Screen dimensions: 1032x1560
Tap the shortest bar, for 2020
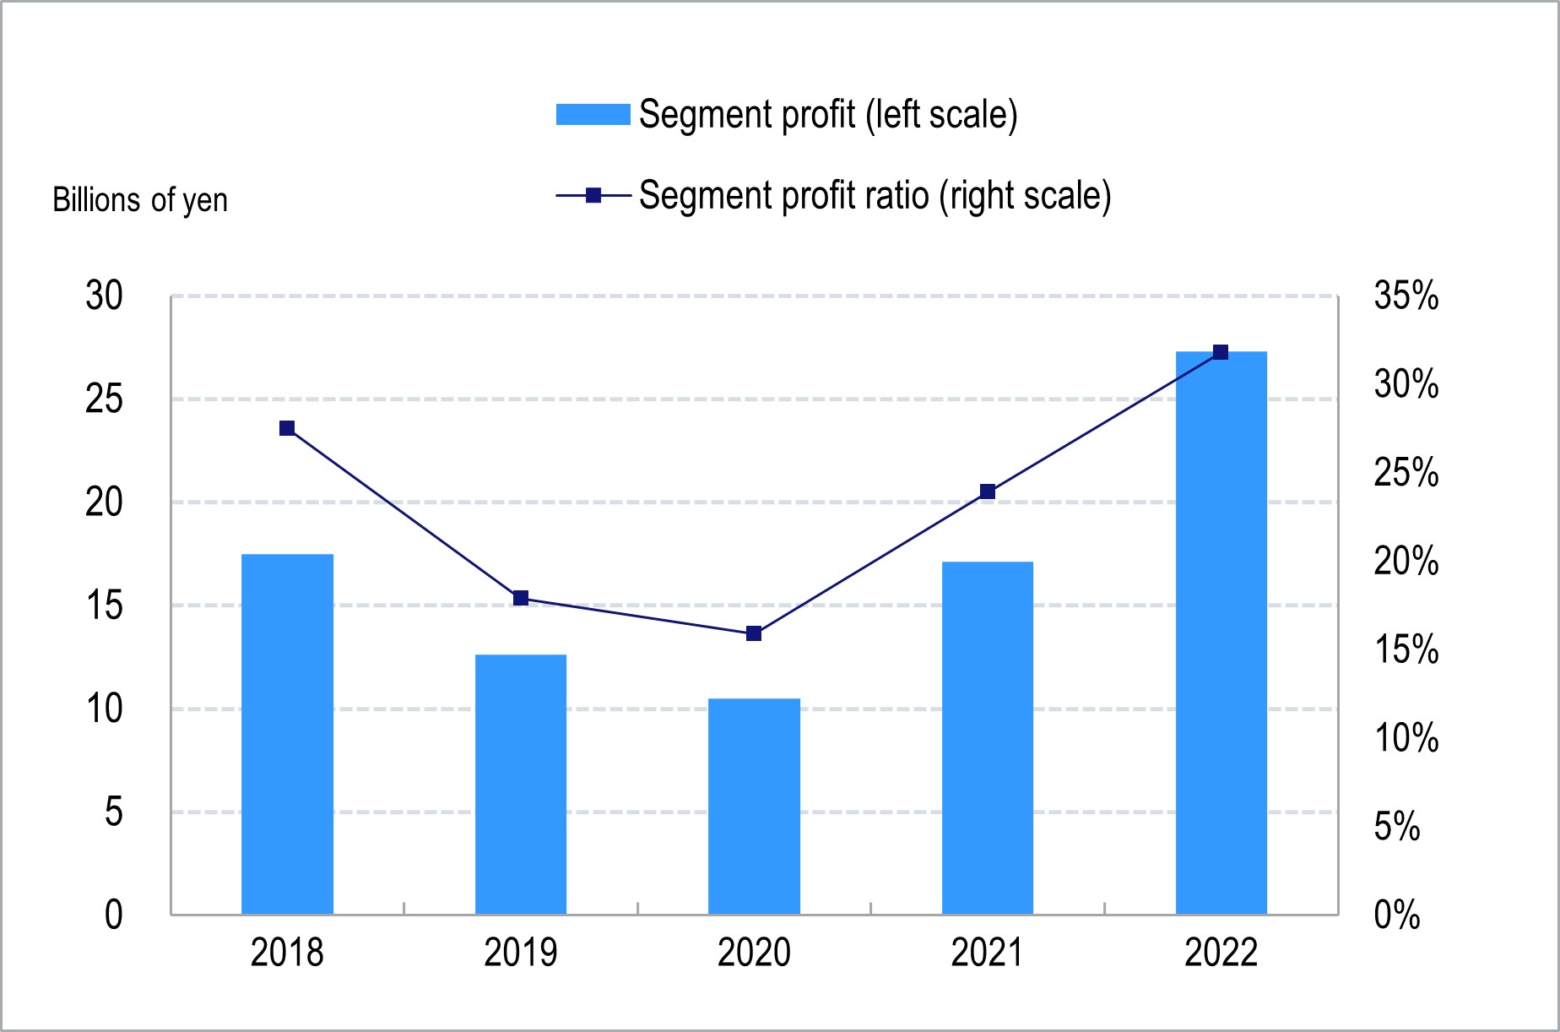pyautogui.click(x=754, y=806)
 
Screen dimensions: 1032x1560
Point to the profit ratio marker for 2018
pyautogui.click(x=287, y=428)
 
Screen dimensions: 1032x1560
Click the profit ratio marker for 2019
pyautogui.click(x=521, y=598)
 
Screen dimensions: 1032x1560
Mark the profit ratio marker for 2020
pyautogui.click(x=754, y=633)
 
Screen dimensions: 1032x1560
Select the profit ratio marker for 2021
pyautogui.click(x=988, y=492)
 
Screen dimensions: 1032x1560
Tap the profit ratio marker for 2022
pyautogui.click(x=1221, y=352)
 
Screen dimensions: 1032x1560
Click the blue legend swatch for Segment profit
pyautogui.click(x=593, y=114)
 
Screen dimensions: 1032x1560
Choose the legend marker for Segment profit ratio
pyautogui.click(x=593, y=196)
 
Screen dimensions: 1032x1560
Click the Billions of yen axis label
pyautogui.click(x=140, y=200)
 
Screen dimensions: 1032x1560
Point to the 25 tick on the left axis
pyautogui.click(x=104, y=399)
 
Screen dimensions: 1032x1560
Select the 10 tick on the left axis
pyautogui.click(x=104, y=709)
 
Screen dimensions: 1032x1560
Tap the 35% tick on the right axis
pyautogui.click(x=1406, y=296)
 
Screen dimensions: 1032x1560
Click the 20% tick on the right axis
pyautogui.click(x=1406, y=561)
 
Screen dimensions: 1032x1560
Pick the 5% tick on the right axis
pyautogui.click(x=1396, y=826)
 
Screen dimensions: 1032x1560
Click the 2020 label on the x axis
pyautogui.click(x=754, y=953)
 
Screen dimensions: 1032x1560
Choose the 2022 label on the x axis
pyautogui.click(x=1221, y=953)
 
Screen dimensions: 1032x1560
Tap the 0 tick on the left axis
pyautogui.click(x=113, y=915)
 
